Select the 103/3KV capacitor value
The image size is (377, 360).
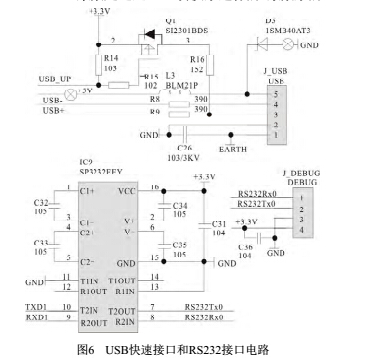181,156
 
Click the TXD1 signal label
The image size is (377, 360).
36,310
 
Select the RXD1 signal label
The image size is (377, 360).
36,319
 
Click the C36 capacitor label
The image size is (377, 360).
245,247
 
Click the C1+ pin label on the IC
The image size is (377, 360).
88,191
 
